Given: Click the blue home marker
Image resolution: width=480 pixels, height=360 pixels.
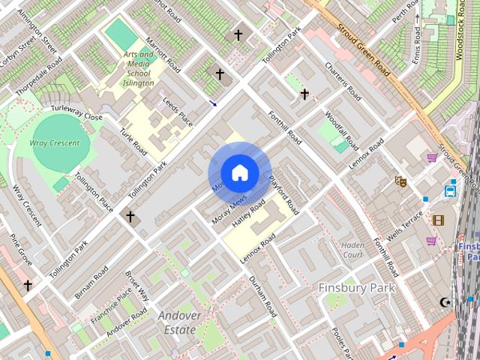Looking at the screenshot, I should [238, 173].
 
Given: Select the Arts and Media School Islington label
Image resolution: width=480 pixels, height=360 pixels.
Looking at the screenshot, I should [139, 68].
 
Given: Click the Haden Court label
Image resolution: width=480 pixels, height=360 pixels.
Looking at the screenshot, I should [352, 250].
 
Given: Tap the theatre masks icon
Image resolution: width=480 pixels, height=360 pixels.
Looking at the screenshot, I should [400, 181].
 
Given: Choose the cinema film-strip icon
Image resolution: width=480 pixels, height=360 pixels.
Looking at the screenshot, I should [437, 220].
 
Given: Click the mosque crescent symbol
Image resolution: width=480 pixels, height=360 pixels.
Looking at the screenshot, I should [446, 301].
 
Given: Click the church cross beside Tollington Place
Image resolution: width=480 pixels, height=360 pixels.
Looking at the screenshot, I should [130, 217].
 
